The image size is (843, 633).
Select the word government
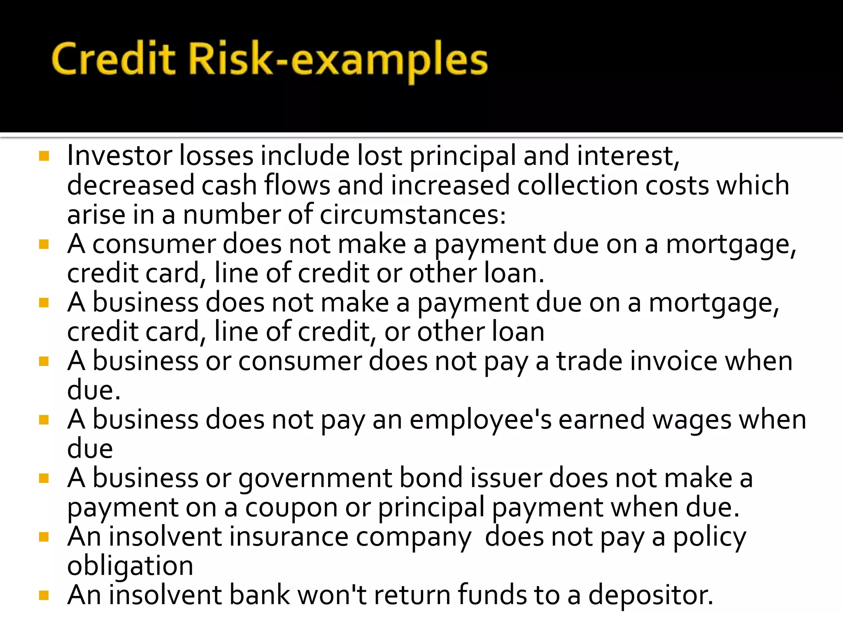315,479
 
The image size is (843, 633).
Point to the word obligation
130,567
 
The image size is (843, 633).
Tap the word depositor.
650,596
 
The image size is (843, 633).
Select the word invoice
673,361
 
